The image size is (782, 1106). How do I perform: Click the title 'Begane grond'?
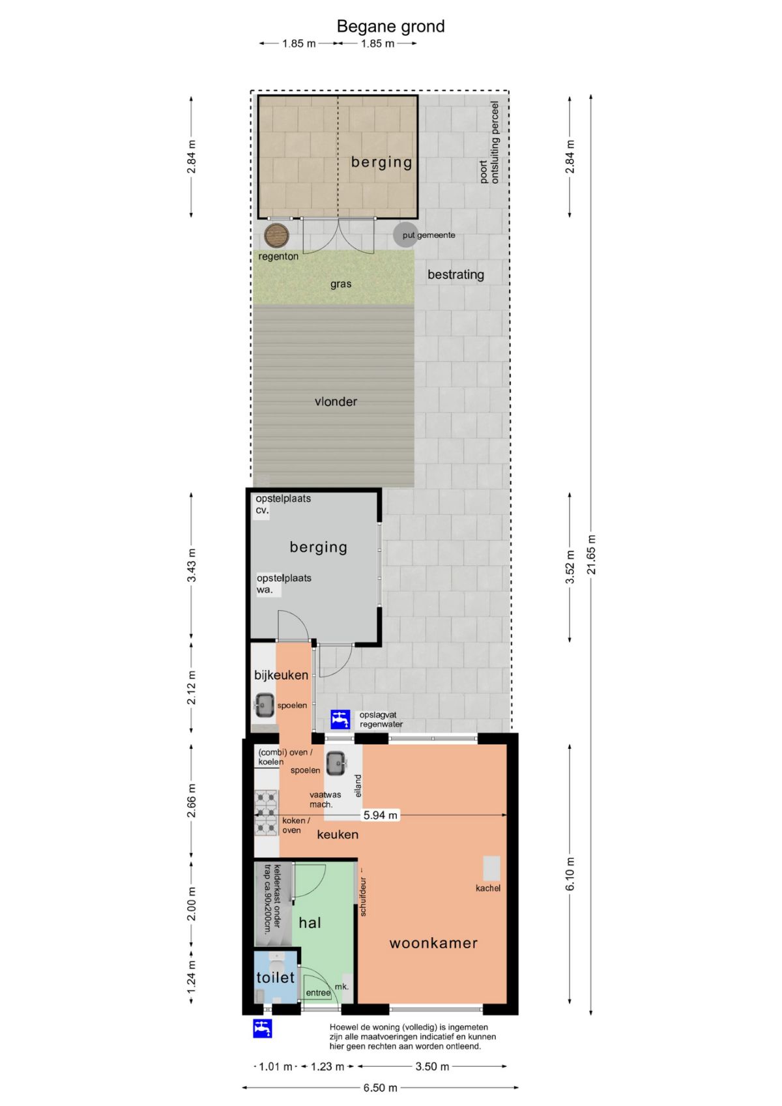[390, 27]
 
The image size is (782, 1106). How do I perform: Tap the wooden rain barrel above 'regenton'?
[276, 235]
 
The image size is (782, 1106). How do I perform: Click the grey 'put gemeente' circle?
[405, 235]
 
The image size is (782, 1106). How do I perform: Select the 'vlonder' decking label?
[336, 402]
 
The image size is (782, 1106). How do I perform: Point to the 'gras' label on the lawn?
[341, 284]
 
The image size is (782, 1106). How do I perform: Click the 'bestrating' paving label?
[456, 274]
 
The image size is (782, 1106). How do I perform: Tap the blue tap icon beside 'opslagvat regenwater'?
[340, 720]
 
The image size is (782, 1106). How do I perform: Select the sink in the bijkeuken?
[265, 705]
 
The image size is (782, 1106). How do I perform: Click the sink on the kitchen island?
[336, 764]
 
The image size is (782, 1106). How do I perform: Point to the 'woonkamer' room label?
[433, 943]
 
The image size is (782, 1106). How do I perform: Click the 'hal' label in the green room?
[310, 922]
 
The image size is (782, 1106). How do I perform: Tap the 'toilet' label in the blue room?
[276, 977]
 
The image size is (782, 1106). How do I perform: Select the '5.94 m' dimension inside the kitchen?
[380, 815]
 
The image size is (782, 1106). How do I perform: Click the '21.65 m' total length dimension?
[592, 555]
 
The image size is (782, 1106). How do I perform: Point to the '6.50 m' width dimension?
[380, 1088]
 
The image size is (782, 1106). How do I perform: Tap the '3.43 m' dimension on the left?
[192, 565]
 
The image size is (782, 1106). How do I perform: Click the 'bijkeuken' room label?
[281, 675]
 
